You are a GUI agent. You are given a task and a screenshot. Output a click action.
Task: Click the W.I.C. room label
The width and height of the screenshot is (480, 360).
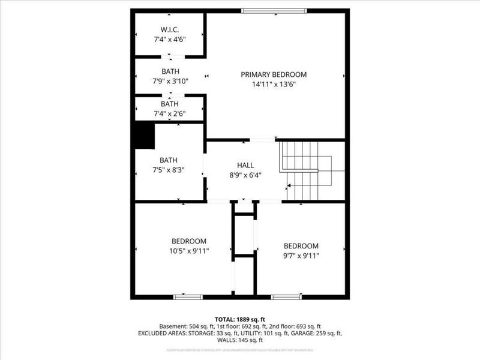click(170, 29)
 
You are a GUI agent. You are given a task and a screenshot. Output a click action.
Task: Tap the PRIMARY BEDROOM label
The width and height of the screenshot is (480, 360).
click(274, 74)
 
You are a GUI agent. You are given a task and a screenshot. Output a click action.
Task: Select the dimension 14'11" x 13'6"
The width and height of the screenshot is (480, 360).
click(274, 85)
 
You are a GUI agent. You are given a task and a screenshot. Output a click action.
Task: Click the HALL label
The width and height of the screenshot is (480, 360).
click(245, 165)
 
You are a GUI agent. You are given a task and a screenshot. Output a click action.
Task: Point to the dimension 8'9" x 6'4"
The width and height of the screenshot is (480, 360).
click(245, 175)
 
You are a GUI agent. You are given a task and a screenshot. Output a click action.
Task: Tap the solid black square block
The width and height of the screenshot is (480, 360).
click(144, 136)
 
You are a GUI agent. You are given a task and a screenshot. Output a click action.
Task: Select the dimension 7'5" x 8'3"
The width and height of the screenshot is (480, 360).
click(169, 170)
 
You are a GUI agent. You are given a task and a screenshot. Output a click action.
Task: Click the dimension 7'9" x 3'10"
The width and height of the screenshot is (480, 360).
click(170, 81)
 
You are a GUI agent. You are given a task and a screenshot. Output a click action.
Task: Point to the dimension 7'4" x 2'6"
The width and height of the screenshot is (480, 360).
click(170, 113)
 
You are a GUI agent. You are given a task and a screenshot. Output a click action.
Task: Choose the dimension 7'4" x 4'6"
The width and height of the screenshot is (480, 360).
click(170, 39)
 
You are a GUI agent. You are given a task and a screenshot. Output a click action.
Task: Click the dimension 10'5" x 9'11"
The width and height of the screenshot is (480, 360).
click(190, 251)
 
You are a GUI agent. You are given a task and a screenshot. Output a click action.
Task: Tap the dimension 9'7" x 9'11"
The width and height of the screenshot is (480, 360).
click(301, 256)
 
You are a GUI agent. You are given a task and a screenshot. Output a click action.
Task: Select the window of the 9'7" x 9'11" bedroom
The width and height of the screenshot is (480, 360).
click(286, 296)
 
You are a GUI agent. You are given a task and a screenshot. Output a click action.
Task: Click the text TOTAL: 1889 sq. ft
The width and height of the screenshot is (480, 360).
click(240, 319)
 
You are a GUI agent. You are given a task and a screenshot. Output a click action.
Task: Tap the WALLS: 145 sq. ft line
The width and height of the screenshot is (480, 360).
click(240, 340)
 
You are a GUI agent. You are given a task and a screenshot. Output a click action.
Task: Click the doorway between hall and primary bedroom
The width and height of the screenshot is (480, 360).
click(262, 140)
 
